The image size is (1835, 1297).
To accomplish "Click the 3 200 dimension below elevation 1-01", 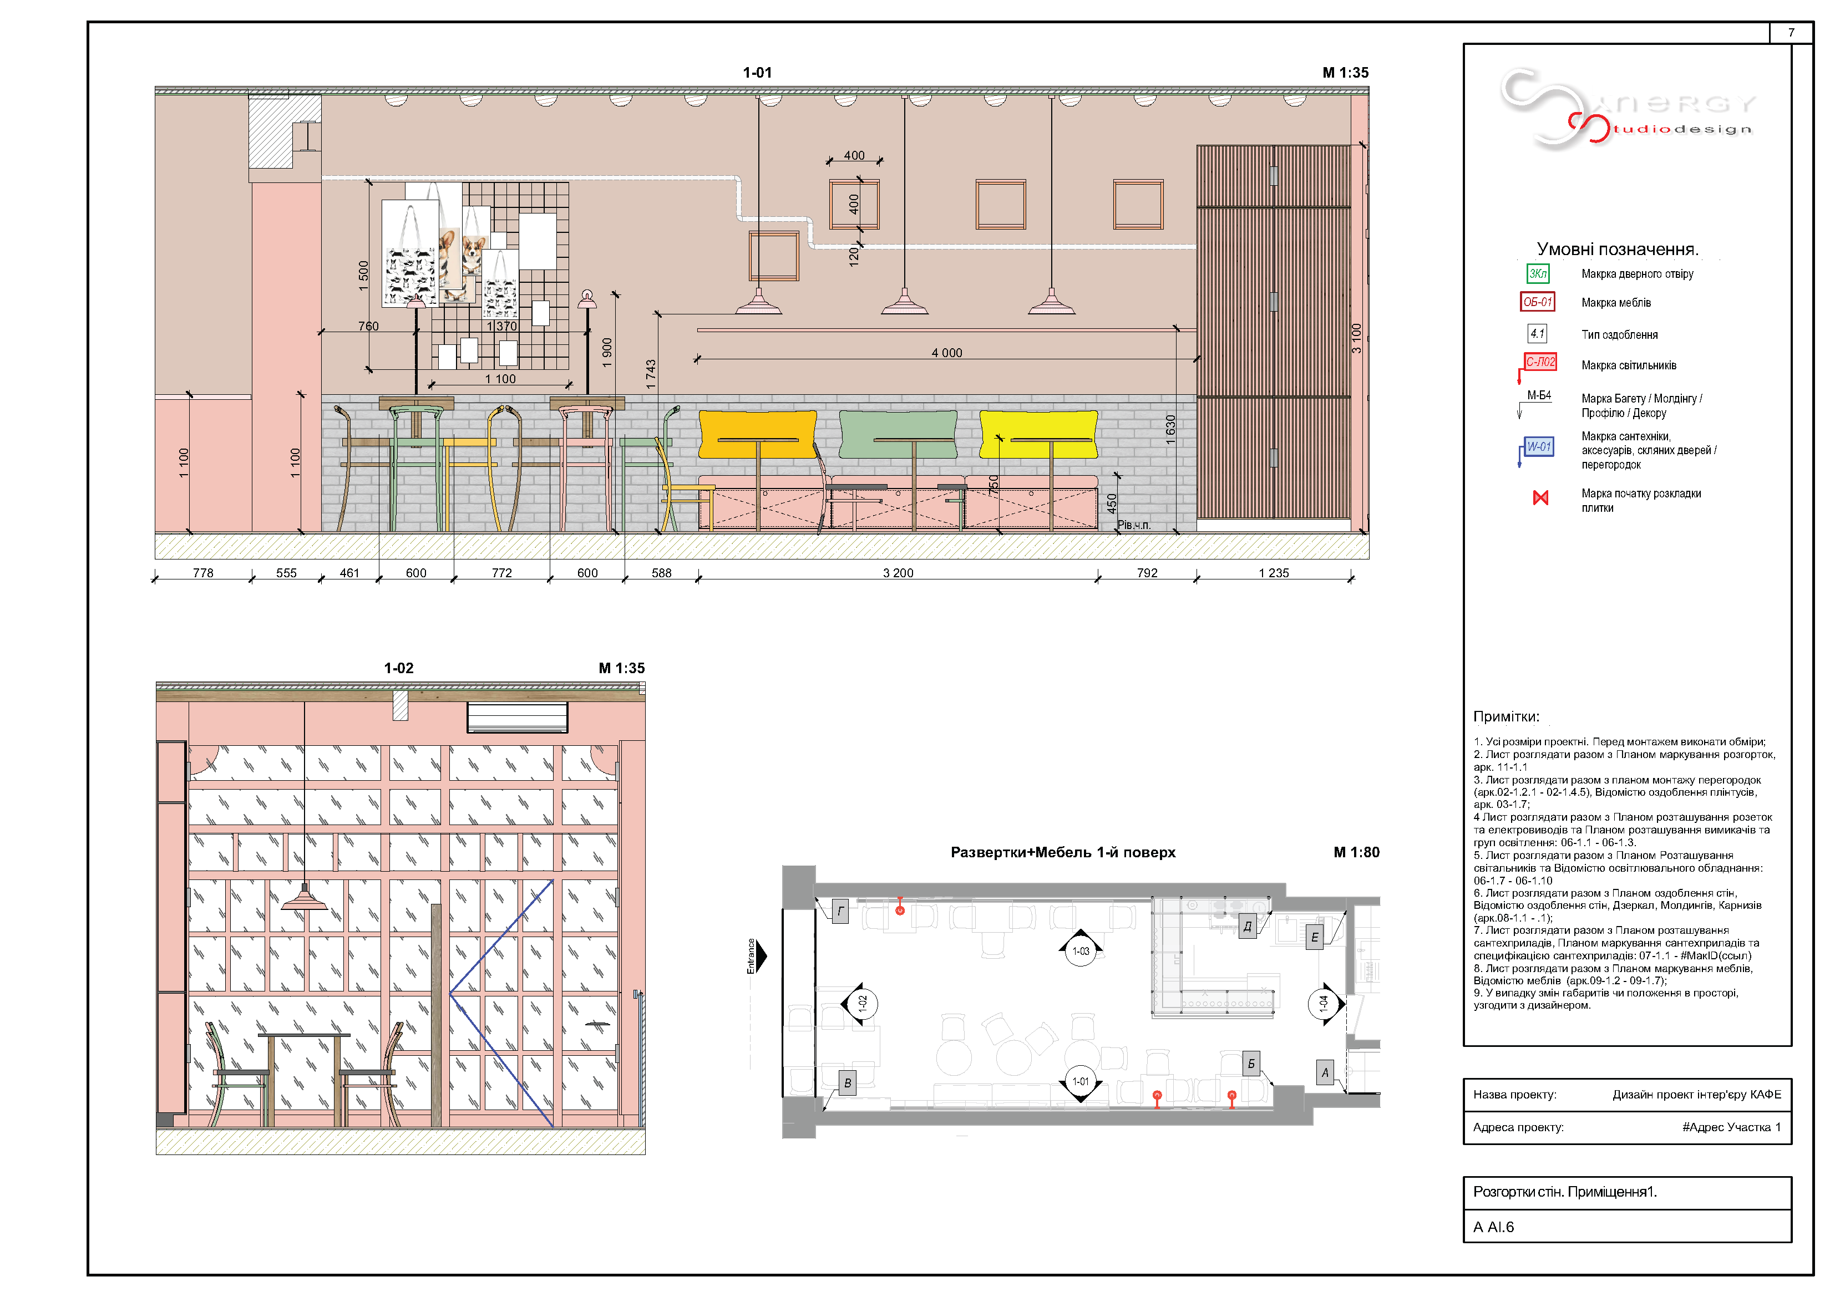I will (x=898, y=573).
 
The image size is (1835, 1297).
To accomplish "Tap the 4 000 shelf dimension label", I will (x=946, y=353).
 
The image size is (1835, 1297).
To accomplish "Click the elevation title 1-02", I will (x=399, y=668).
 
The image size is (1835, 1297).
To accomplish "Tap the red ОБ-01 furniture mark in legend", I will (x=1537, y=302).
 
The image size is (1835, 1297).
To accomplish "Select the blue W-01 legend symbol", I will (x=1538, y=447).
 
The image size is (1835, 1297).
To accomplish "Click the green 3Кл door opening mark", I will (x=1537, y=273).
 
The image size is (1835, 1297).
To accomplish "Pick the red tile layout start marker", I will (x=1540, y=498).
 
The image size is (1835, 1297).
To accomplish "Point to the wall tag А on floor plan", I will (x=1324, y=1072).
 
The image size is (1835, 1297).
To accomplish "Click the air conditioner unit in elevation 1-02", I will (x=517, y=717).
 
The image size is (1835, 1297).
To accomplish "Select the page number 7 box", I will (x=1791, y=33).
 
